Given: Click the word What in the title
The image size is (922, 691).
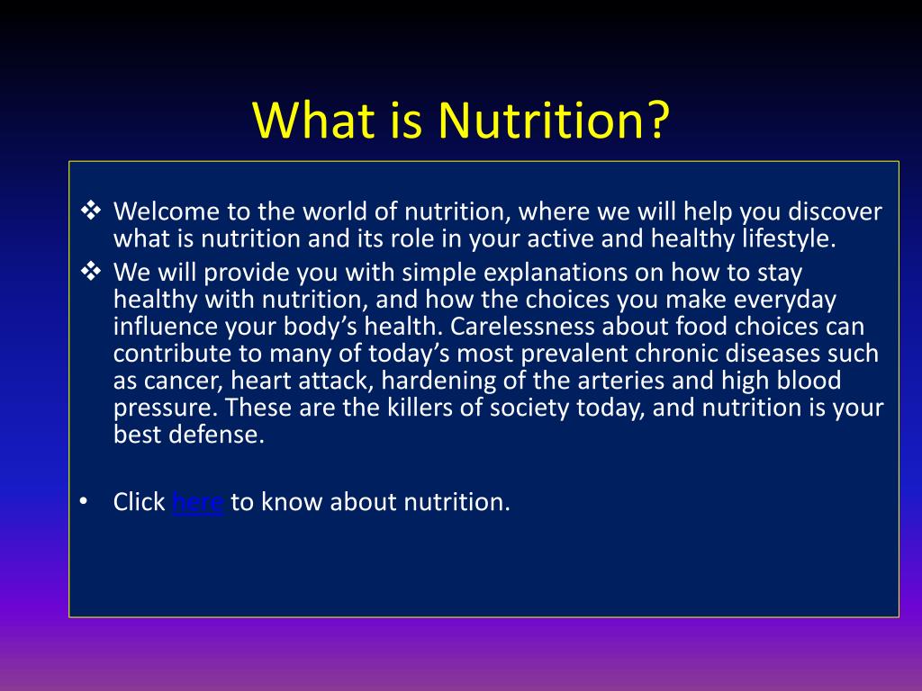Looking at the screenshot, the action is coord(313,120).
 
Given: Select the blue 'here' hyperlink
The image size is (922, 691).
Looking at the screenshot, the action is coord(197,502).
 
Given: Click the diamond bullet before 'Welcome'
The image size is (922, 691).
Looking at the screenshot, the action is coord(91,210).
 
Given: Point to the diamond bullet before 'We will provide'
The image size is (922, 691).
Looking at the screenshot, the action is coord(91,271).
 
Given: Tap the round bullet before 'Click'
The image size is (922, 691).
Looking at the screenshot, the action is coord(84,501).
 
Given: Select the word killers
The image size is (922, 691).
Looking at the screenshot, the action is coord(420,408).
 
